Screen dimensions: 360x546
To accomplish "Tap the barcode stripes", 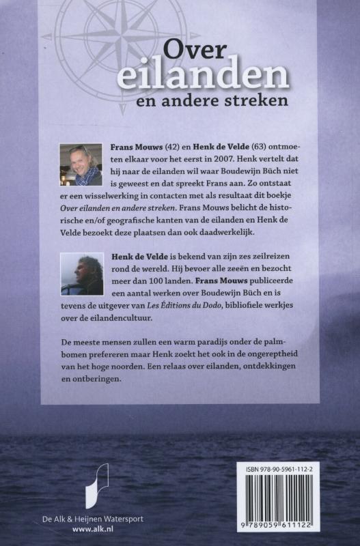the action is click(x=296, y=506).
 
